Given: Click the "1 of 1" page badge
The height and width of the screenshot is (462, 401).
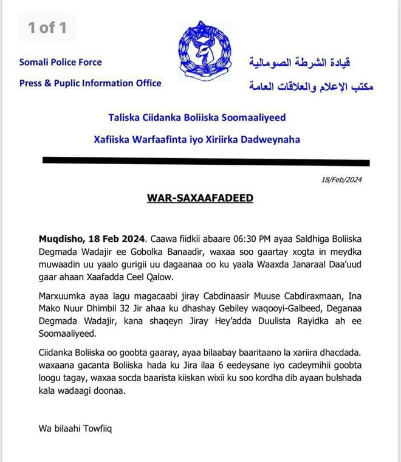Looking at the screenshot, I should click(47, 27).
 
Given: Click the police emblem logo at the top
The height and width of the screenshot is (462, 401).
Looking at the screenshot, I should click(205, 48).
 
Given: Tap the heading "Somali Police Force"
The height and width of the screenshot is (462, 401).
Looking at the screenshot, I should click(61, 62).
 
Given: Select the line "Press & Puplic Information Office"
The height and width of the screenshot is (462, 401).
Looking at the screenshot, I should click(91, 83).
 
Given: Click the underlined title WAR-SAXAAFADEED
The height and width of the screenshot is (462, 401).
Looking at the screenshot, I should click(200, 198).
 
